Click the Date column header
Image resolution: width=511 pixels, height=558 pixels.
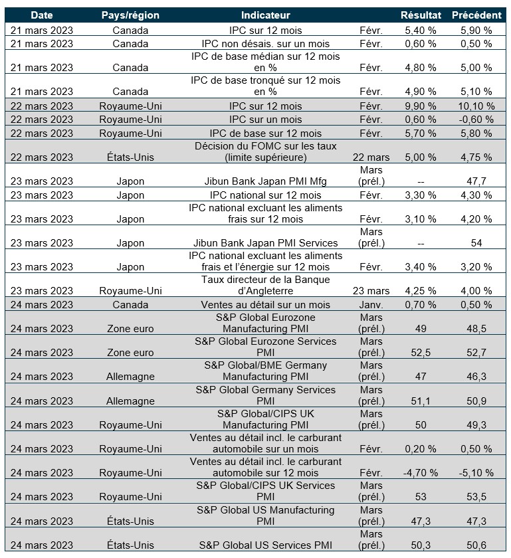[41, 15]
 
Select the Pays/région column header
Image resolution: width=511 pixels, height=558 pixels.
[130, 15]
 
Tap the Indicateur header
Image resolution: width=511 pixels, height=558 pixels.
[265, 15]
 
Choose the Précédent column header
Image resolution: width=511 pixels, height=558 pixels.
[476, 15]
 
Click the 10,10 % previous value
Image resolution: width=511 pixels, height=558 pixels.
[476, 106]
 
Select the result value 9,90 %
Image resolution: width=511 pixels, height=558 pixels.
[420, 106]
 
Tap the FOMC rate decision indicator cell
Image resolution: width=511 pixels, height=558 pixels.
[265, 151]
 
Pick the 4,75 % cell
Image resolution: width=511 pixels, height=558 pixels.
[476, 157]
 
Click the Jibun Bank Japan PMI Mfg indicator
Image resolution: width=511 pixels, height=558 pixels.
[265, 181]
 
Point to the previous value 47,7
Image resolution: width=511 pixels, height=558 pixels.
[476, 181]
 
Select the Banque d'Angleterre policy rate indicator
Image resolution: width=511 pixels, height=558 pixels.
[265, 285]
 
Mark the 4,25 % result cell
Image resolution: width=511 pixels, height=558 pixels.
[420, 291]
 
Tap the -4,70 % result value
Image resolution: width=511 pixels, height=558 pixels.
[420, 473]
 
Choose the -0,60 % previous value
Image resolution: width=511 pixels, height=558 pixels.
[476, 120]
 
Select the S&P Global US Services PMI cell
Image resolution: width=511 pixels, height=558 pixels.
[265, 545]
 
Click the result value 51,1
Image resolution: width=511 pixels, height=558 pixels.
[420, 401]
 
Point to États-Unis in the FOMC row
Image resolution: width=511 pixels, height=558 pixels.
[130, 157]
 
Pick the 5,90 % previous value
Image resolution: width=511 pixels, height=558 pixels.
[476, 30]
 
